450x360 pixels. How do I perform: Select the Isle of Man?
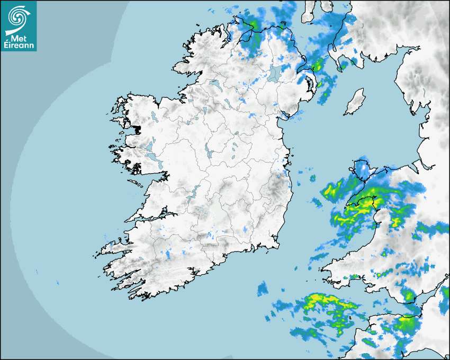(x=354, y=103)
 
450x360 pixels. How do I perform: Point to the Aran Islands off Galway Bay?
(x=137, y=184)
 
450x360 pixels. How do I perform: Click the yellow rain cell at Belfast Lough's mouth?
(x=318, y=66)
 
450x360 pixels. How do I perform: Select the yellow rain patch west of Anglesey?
(x=334, y=188)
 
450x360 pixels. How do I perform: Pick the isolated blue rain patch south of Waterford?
(x=263, y=289)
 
